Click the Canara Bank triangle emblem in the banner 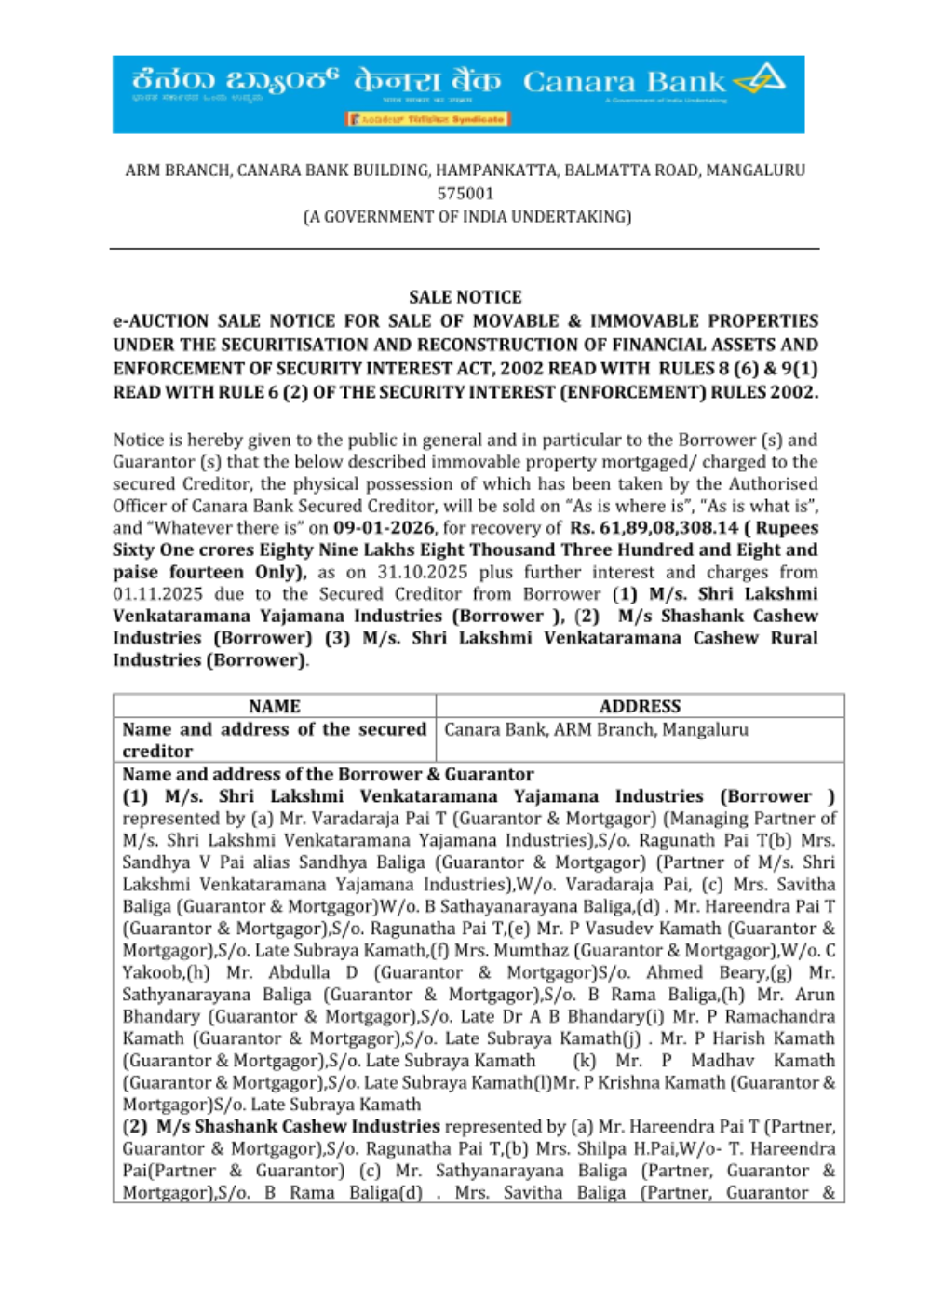point(761,80)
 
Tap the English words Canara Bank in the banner point(623,82)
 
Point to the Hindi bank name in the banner point(426,82)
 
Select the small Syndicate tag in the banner point(428,119)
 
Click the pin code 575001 point(465,194)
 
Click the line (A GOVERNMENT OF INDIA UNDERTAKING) point(466,217)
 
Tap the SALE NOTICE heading point(465,297)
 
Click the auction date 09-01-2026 point(384,528)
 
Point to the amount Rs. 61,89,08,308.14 point(654,528)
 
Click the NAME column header point(275,706)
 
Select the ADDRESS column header point(640,706)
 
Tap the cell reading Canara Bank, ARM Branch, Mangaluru point(596,729)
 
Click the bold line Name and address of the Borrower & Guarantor point(328,774)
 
